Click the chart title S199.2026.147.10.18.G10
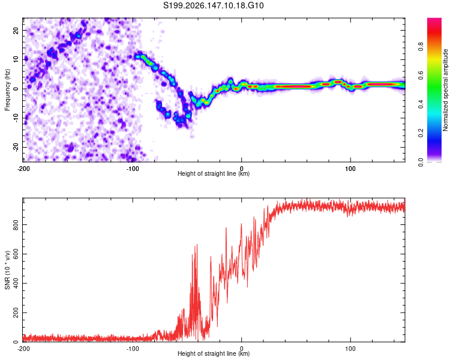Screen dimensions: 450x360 click(213, 5)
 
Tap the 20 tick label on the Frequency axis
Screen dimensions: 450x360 click(16, 31)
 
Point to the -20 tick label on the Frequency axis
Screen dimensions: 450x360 click(16, 147)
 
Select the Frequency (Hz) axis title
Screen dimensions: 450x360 click(7, 89)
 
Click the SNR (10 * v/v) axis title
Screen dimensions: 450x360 click(7, 270)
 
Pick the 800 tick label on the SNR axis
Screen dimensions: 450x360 click(16, 225)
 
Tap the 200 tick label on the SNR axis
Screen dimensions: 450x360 click(16, 313)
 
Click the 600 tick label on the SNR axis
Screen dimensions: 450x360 click(16, 254)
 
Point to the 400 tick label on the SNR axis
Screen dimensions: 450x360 click(16, 283)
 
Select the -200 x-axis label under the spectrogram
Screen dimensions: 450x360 click(23, 169)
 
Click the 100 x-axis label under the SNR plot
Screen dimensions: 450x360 click(350, 349)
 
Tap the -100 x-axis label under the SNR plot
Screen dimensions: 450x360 click(133, 349)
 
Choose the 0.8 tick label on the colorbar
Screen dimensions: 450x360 click(421, 47)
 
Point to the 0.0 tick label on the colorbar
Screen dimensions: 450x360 click(421, 162)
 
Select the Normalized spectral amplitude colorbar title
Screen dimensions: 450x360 click(445, 90)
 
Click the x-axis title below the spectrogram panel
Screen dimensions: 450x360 click(214, 173)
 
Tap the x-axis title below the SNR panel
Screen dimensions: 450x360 click(214, 353)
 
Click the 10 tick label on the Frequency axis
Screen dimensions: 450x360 click(16, 59)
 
